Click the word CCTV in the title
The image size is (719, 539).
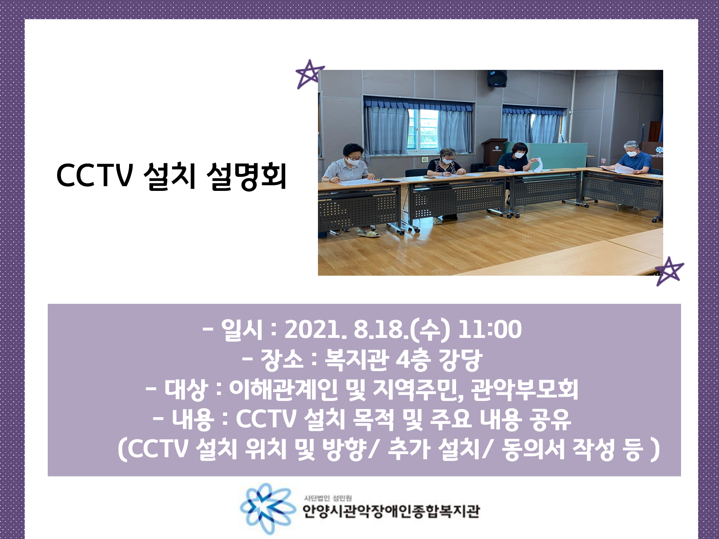95,176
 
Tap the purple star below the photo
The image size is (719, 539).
669,271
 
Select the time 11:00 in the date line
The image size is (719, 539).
490,329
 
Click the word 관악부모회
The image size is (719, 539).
525,389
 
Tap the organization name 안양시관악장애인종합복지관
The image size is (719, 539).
391,511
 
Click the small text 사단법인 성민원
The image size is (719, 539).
328,498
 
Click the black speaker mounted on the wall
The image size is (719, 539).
497,78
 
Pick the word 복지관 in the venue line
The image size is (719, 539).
356,360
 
